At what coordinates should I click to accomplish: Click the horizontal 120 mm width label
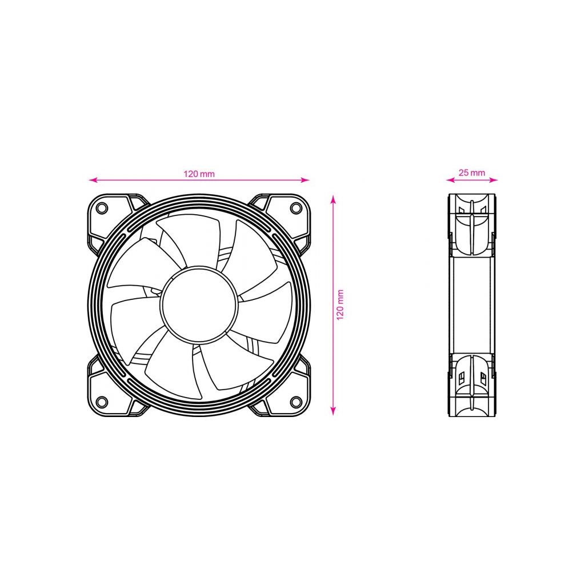tap(199, 174)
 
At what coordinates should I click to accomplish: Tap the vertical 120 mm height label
tap(340, 305)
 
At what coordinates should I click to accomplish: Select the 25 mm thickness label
tap(471, 173)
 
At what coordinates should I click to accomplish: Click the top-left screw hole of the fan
tap(102, 208)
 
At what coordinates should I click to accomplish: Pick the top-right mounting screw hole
tap(296, 208)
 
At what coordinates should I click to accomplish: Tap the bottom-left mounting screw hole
tap(102, 402)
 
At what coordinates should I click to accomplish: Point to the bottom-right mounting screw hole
tap(296, 402)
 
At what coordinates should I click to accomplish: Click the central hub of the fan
tap(199, 304)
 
